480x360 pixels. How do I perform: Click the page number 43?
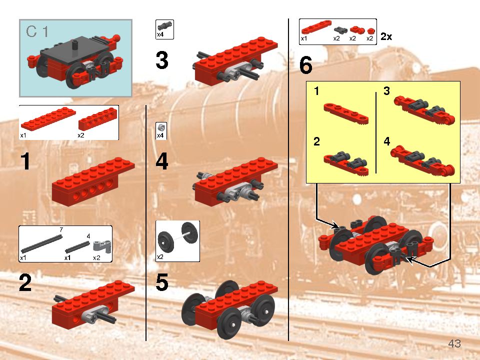(x=454, y=343)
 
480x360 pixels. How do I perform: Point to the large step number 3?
(x=162, y=60)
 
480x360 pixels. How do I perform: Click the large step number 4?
(x=162, y=161)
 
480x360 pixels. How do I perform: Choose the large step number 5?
(x=162, y=283)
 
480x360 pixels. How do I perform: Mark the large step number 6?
(x=306, y=65)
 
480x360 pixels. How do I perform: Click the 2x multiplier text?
(x=386, y=37)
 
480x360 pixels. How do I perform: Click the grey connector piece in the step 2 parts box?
(x=101, y=245)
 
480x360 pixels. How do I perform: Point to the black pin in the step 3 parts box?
(x=164, y=25)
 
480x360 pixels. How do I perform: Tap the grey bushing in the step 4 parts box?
(x=161, y=127)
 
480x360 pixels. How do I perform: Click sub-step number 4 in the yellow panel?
(x=386, y=141)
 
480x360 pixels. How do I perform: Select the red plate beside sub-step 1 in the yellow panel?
(x=346, y=113)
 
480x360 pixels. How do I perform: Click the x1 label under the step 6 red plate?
(x=303, y=38)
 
